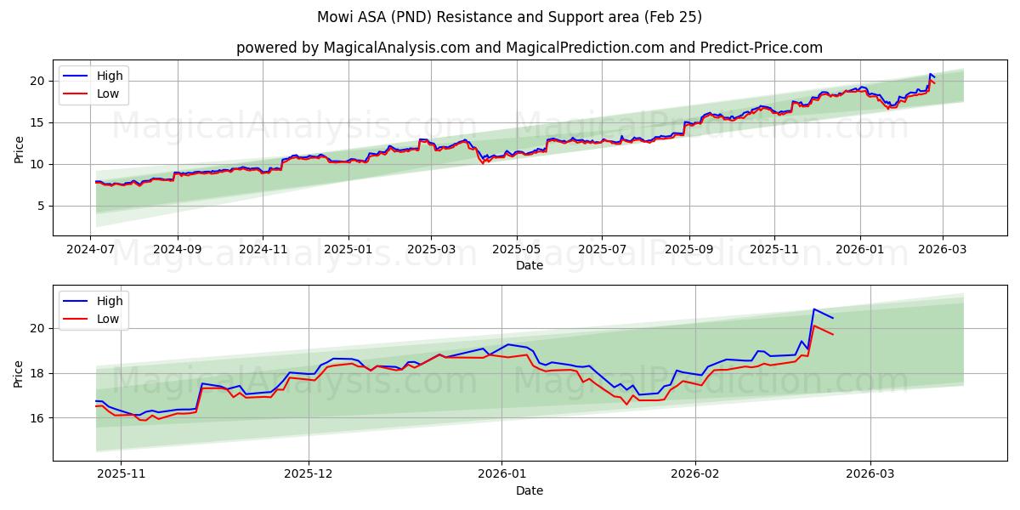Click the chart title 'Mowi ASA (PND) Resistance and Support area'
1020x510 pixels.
pos(509,17)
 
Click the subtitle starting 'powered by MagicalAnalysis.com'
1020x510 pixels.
pos(529,48)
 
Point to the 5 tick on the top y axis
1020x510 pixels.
pos(41,206)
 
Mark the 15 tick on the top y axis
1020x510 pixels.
pos(37,122)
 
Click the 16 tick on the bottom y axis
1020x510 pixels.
pos(37,418)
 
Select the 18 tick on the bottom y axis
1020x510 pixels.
pos(37,373)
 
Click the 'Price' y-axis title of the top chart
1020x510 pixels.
pos(20,150)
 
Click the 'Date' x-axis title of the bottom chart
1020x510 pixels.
pos(529,490)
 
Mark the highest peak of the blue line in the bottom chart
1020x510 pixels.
pos(813,309)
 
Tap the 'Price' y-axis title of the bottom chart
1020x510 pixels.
pos(20,374)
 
